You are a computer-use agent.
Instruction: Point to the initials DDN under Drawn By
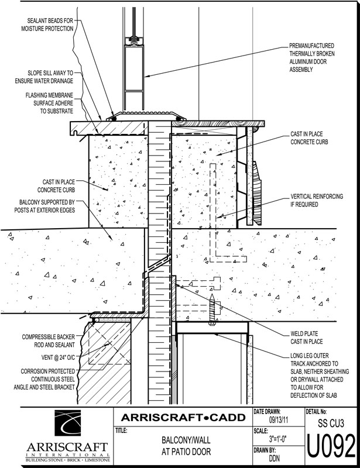(x=275, y=459)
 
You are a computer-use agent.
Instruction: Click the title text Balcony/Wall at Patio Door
(x=183, y=448)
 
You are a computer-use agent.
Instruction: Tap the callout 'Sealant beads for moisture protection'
(x=47, y=23)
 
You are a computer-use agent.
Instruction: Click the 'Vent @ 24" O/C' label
(x=46, y=357)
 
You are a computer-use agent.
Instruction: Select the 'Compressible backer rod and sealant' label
(x=46, y=342)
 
